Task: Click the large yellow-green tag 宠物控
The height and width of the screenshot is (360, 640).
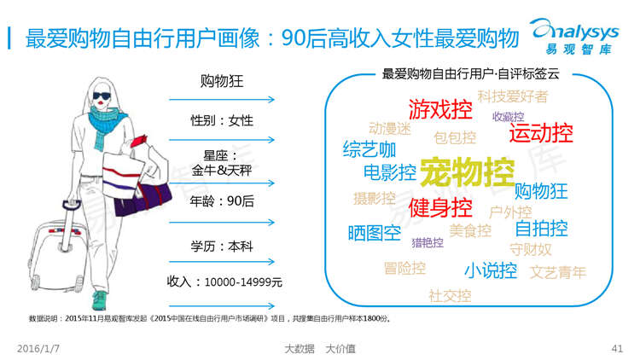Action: click(468, 171)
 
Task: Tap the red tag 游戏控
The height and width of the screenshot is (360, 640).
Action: click(440, 109)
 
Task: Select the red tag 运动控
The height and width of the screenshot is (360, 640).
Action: click(541, 132)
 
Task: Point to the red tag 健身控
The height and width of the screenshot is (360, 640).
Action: click(440, 207)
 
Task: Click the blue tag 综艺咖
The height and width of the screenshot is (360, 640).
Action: click(369, 149)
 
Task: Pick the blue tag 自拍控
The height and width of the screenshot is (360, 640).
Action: click(541, 228)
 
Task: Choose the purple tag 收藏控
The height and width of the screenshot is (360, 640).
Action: click(509, 117)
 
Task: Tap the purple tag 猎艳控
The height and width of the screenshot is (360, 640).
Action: click(428, 243)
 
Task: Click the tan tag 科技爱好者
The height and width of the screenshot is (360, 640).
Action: click(513, 96)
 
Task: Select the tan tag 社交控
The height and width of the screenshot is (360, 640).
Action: click(450, 296)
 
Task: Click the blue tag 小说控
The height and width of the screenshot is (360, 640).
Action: click(491, 270)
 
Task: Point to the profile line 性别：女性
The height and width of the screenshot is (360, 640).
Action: click(222, 120)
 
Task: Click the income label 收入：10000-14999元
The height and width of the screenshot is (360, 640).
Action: click(224, 282)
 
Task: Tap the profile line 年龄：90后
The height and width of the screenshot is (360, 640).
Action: click(222, 200)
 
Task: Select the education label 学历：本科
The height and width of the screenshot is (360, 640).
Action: click(222, 247)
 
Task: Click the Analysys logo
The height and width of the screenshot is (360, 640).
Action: click(574, 37)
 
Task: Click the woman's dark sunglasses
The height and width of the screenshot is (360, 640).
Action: click(102, 96)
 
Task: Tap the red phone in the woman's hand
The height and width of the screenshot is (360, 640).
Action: click(138, 141)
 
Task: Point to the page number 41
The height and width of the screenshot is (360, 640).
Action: click(617, 349)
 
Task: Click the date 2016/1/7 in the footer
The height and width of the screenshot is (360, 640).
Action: click(38, 349)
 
